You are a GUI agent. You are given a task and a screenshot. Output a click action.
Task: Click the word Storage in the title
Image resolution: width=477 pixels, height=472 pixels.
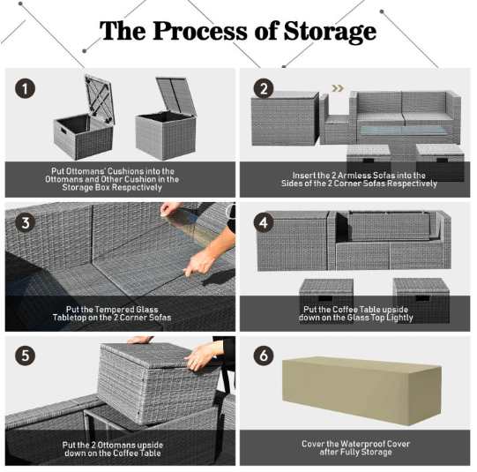pos(330,32)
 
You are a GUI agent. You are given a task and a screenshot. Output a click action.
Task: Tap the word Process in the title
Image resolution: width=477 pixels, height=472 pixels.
pos(200,31)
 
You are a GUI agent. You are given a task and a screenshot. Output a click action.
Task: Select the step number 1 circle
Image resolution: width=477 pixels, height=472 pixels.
pos(25,88)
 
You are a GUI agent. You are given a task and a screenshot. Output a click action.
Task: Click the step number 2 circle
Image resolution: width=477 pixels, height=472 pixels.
pos(264,88)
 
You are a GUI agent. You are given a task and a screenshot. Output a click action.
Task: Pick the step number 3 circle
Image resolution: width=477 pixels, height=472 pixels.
pos(25,222)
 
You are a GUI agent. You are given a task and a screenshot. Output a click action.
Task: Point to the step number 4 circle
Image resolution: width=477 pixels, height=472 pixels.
pos(264,222)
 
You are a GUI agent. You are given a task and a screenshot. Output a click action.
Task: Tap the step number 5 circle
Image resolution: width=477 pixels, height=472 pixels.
pos(25,356)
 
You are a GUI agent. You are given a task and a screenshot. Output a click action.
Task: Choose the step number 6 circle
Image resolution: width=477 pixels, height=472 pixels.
pos(264,356)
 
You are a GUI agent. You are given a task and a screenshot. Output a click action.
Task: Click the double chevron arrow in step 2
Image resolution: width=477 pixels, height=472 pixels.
pos(338,88)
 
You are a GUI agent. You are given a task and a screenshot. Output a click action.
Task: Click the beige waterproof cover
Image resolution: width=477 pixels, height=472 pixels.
pos(361,390)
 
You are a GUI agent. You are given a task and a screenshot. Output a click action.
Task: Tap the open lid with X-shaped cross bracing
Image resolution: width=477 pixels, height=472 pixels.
pos(99,99)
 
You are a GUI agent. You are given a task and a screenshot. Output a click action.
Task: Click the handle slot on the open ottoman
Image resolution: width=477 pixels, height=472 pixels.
pos(63,131)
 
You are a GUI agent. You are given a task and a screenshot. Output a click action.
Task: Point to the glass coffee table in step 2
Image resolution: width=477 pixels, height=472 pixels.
pos(403,131)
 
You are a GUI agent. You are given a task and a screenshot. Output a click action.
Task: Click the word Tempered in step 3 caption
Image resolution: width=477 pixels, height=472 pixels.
pos(107,310)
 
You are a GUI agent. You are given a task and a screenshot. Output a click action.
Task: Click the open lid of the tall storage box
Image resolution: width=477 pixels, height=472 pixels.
pos(175,96)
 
